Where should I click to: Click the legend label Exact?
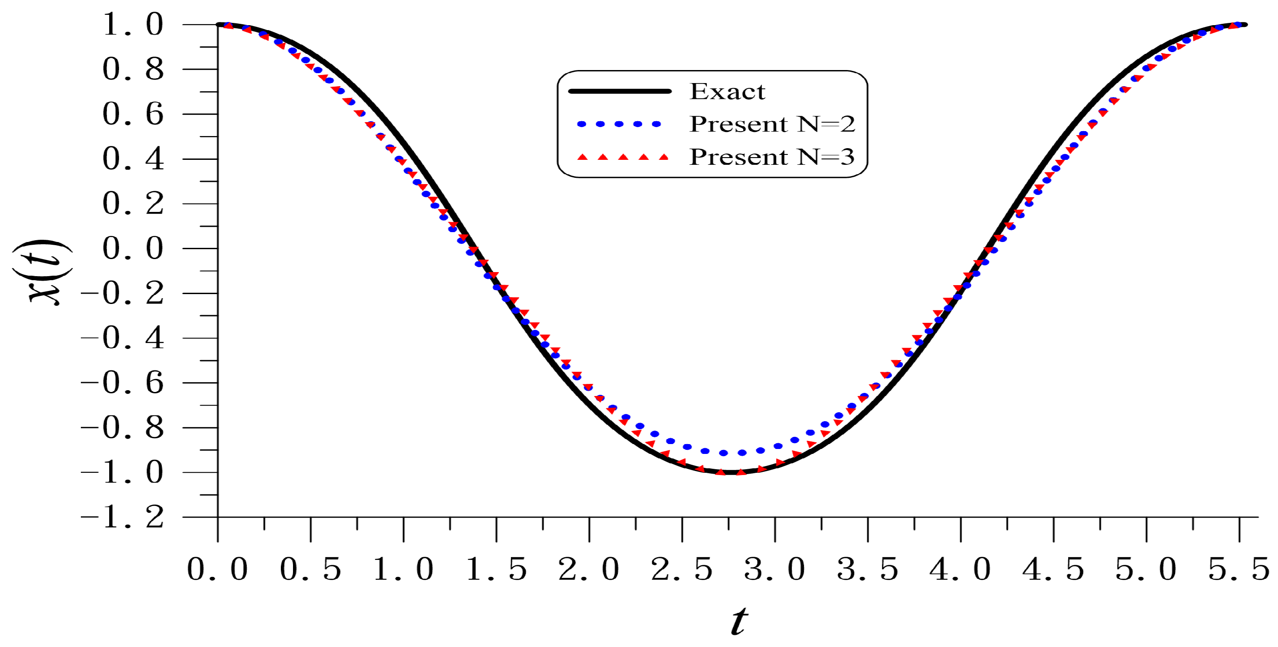tap(728, 92)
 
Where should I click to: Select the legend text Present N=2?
tap(772, 124)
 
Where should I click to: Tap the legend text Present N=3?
tap(772, 157)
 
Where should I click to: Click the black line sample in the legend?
tap(620, 91)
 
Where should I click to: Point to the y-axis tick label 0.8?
tap(133, 70)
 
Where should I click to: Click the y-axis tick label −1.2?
tap(123, 518)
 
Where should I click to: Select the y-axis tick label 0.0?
tap(133, 248)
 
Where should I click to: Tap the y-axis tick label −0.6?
tap(123, 383)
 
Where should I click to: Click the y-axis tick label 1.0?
tap(133, 25)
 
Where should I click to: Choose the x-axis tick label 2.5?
tap(682, 569)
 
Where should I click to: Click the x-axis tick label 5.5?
tap(1239, 569)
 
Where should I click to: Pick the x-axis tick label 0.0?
tap(217, 569)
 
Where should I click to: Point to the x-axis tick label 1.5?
tap(496, 569)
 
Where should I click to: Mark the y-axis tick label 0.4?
tap(133, 159)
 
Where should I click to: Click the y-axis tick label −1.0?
tap(123, 472)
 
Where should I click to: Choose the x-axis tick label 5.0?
tap(1146, 569)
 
